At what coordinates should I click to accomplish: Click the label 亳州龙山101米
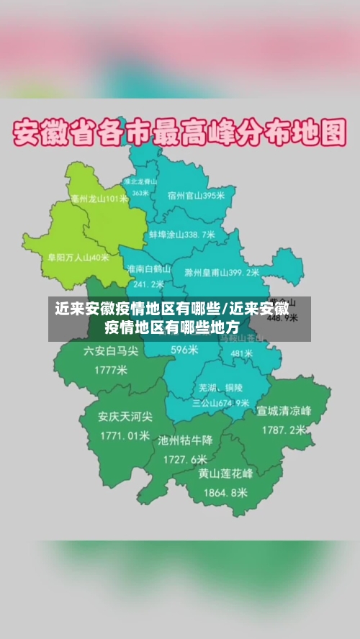[99, 199]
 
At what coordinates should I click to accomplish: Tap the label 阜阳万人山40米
[78, 256]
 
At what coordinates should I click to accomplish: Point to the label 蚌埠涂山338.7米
[181, 235]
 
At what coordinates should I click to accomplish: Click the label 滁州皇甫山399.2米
[222, 273]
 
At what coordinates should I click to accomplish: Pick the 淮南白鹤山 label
[148, 268]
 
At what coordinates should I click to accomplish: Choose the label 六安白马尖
[111, 352]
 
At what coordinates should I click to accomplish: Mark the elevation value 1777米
[111, 371]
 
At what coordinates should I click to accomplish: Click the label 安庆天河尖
[125, 417]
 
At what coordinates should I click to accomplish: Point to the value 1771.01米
[125, 435]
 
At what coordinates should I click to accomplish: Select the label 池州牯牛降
[185, 440]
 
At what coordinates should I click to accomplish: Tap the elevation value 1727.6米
[185, 458]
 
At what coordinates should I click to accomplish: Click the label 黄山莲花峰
[226, 474]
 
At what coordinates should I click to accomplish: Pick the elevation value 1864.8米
[226, 493]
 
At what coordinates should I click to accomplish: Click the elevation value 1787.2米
[284, 430]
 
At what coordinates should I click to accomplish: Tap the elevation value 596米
[184, 350]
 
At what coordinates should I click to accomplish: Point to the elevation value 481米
[242, 353]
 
